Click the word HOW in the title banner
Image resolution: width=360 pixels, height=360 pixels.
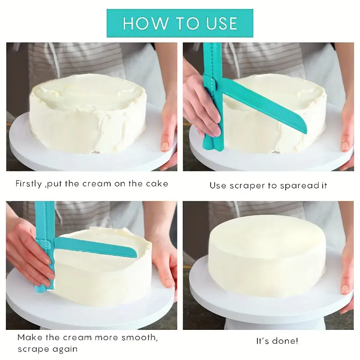[x=145, y=23]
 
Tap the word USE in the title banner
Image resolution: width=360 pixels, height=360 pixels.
[x=222, y=23]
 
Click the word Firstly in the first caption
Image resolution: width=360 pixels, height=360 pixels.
[x=29, y=184]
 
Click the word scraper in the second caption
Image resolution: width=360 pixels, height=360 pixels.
[x=247, y=186]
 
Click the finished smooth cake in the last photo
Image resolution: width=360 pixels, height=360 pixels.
[x=267, y=255]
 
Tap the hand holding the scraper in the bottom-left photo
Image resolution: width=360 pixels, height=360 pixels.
[x=29, y=255]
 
